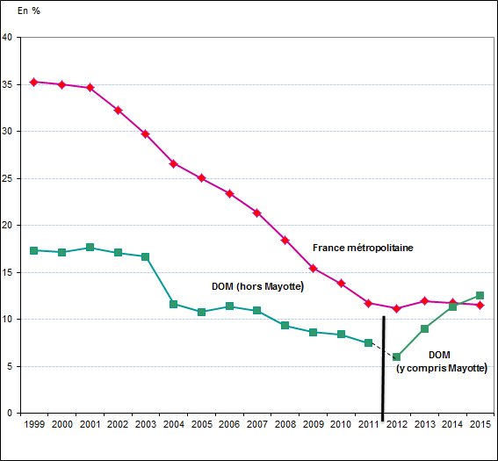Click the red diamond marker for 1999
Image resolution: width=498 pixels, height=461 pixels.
point(33,82)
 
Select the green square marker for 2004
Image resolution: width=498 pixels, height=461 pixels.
point(173,304)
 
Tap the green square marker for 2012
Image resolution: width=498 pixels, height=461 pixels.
point(396,357)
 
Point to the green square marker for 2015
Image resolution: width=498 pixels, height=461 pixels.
point(480,295)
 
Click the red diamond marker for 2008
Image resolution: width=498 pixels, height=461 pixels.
point(285,240)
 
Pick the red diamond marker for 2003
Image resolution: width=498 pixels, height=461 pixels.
point(145,133)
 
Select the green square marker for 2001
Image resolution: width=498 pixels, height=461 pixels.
point(90,248)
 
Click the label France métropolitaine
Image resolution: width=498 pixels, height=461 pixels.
point(362,249)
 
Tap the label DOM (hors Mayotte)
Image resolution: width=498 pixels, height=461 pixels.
point(257,286)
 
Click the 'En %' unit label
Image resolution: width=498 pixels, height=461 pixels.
point(29,10)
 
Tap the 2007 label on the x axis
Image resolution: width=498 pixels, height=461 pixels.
point(256,425)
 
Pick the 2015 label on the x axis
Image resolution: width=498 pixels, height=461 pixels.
point(480,425)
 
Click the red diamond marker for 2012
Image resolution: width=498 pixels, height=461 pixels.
point(396,308)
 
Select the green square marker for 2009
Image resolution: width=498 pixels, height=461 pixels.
point(313,332)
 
